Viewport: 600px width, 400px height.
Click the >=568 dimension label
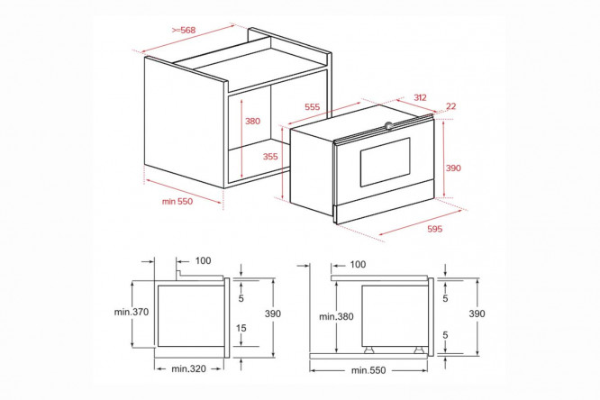tap(184, 30)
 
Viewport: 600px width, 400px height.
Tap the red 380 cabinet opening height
tap(252, 121)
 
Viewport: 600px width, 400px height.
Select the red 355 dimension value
tap(270, 156)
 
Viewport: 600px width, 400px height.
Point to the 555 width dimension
tap(313, 107)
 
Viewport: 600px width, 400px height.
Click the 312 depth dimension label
tap(420, 97)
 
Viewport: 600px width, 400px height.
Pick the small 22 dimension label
tap(451, 106)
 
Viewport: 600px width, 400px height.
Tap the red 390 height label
tap(453, 168)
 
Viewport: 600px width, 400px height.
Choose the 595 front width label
tap(435, 229)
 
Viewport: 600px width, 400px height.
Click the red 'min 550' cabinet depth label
tap(177, 201)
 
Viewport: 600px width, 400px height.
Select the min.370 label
tap(132, 312)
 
